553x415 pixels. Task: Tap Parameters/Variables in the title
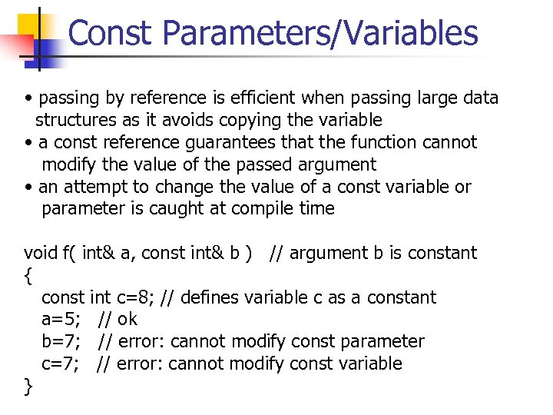click(320, 33)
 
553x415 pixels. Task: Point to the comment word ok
click(127, 319)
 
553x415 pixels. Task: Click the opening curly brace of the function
click(28, 275)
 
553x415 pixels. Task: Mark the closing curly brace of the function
click(28, 386)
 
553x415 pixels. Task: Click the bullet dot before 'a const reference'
click(28, 143)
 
